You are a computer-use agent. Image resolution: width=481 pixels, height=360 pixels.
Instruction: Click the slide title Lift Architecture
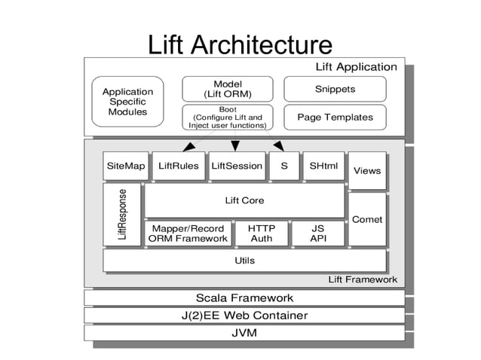tap(240, 44)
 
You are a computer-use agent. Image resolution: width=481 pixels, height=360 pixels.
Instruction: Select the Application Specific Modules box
tap(127, 102)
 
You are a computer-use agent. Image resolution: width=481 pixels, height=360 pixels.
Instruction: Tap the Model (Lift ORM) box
tap(228, 89)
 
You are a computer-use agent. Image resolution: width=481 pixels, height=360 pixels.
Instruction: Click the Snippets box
tap(334, 89)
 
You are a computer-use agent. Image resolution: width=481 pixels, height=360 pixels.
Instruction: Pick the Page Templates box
tap(334, 117)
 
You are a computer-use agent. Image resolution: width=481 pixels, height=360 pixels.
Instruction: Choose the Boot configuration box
tap(228, 117)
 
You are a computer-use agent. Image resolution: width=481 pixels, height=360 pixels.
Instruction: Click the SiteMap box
tap(125, 166)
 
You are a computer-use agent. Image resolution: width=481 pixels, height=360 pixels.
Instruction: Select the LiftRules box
tap(179, 166)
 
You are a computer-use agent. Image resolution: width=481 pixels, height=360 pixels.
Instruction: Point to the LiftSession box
tap(237, 166)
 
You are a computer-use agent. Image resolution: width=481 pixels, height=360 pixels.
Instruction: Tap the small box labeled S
tap(283, 166)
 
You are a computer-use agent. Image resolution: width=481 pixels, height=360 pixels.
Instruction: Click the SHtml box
tap(323, 166)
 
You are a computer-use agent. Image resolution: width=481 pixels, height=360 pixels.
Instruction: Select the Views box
tap(367, 171)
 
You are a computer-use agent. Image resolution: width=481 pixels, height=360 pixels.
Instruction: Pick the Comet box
tap(367, 219)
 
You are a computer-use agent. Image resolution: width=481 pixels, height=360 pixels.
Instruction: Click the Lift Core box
tap(244, 201)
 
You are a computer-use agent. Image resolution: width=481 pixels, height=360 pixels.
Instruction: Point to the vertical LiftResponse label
tap(122, 215)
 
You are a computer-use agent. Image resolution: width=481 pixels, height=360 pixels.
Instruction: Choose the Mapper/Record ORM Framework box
tap(188, 233)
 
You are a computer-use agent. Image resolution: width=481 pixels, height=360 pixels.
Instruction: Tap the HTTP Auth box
tap(262, 233)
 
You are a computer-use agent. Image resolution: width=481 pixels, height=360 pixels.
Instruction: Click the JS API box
tap(318, 233)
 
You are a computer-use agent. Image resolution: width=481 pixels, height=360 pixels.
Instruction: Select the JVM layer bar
tap(244, 332)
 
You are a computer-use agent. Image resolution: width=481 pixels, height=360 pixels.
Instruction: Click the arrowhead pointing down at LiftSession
tap(235, 145)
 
